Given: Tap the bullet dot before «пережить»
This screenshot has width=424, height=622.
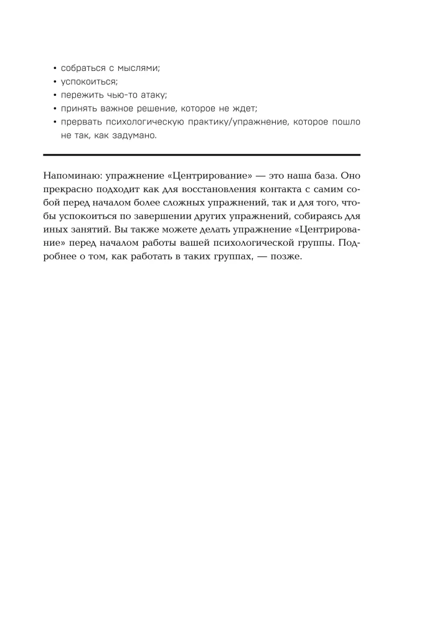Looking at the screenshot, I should pos(55,95).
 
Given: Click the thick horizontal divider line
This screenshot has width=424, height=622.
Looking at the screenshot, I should pos(202,154).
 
